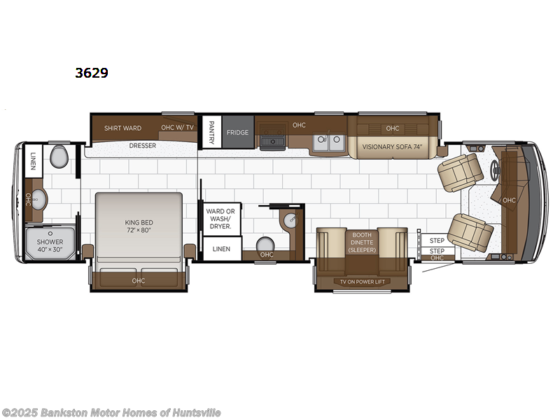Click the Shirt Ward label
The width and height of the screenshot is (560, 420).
[122, 128]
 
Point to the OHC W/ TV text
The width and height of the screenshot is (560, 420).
[177, 127]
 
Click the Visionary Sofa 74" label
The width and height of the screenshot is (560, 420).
[392, 147]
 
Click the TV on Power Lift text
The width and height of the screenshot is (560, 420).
[361, 281]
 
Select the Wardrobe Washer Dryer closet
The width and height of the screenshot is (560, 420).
[220, 218]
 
